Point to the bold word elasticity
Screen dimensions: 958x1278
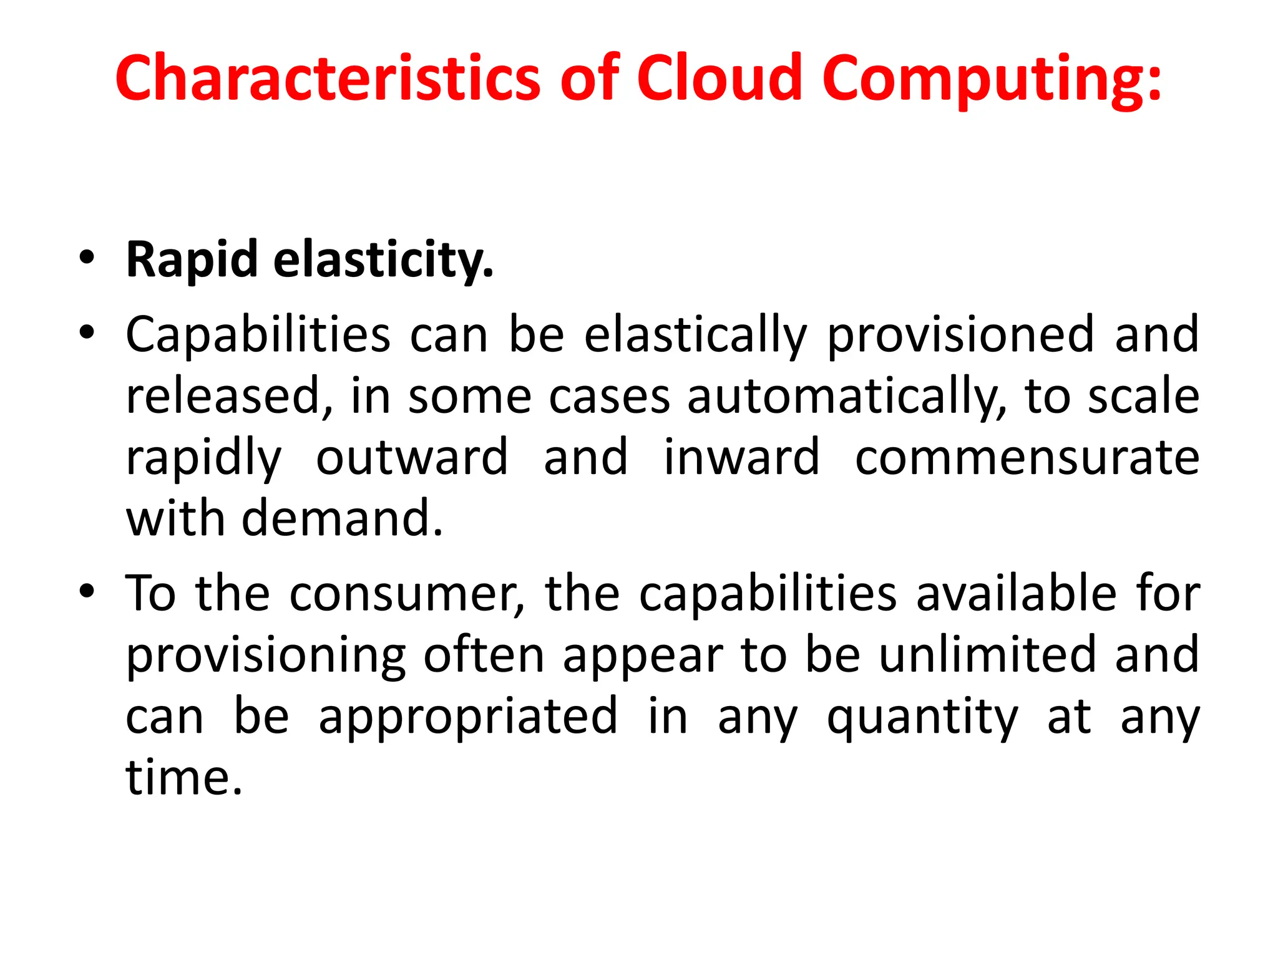(x=383, y=259)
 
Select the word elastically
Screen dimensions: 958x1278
(x=695, y=336)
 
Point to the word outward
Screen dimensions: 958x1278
(x=412, y=457)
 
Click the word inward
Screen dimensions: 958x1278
(x=741, y=457)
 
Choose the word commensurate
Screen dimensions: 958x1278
(x=1027, y=457)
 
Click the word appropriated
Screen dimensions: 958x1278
(x=468, y=717)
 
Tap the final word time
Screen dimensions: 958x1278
(x=183, y=778)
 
